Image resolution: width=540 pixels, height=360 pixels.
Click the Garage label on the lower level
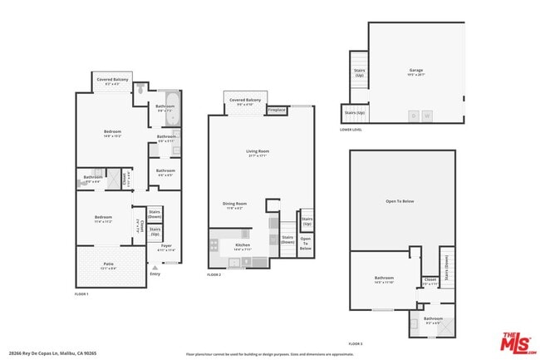(x=416, y=71)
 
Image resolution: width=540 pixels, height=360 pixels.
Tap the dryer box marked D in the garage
(x=414, y=116)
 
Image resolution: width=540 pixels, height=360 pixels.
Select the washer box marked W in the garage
(x=427, y=116)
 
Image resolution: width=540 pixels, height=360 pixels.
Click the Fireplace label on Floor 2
(x=277, y=110)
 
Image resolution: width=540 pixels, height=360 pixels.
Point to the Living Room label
(x=258, y=152)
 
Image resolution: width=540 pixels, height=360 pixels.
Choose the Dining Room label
(x=234, y=205)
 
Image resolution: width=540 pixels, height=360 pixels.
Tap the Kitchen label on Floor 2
(x=242, y=246)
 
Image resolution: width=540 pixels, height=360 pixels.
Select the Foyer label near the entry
(x=166, y=247)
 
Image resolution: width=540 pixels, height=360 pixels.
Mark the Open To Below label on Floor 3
(x=401, y=201)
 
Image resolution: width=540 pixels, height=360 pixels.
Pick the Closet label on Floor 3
(x=430, y=281)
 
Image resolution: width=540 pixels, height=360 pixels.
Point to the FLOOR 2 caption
(x=214, y=274)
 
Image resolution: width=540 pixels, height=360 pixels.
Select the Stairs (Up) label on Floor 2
(x=307, y=223)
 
